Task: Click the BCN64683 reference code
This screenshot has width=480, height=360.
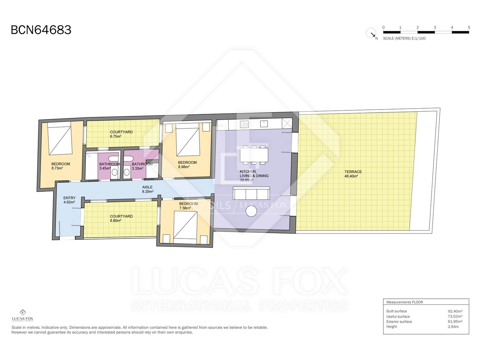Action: pyautogui.click(x=41, y=30)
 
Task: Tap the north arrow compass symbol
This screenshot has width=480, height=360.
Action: pyautogui.click(x=371, y=33)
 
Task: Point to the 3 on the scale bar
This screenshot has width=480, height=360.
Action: pyautogui.click(x=435, y=28)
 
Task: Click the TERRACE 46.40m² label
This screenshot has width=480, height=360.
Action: pyautogui.click(x=353, y=174)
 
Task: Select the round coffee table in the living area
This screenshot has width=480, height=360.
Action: pyautogui.click(x=251, y=211)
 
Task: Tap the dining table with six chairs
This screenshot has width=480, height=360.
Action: pyautogui.click(x=254, y=155)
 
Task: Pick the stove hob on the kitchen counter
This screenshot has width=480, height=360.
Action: pyautogui.click(x=244, y=124)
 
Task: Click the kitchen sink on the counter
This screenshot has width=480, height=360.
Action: pyautogui.click(x=264, y=124)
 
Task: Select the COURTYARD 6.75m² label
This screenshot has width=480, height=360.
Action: pyautogui.click(x=121, y=134)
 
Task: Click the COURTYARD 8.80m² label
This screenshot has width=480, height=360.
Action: pyautogui.click(x=121, y=218)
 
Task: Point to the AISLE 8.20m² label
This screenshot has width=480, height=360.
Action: pyautogui.click(x=148, y=189)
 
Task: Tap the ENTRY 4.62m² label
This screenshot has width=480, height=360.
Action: pyautogui.click(x=69, y=200)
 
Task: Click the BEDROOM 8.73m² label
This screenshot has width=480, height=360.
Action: pyautogui.click(x=61, y=166)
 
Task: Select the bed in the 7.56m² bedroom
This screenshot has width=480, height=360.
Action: pyautogui.click(x=185, y=227)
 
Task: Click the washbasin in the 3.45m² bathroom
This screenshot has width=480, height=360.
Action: pyautogui.click(x=115, y=172)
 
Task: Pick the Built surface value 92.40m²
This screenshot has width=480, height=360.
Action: pyautogui.click(x=455, y=311)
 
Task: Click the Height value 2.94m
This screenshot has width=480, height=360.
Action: pyautogui.click(x=453, y=327)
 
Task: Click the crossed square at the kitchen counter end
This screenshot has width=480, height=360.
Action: pyautogui.click(x=287, y=124)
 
